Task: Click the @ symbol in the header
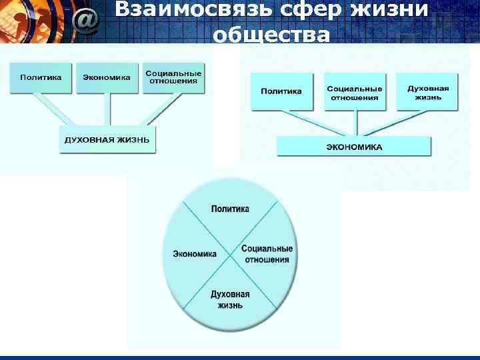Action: coord(87,21)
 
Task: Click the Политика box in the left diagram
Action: coord(41,77)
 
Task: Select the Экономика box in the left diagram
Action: coord(107,77)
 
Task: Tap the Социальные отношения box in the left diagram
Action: coord(173,77)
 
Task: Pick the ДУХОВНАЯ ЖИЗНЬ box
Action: coord(107,140)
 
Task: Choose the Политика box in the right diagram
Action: coord(281,91)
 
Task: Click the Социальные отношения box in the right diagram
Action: coord(354,92)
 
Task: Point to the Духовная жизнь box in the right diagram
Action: coord(427,92)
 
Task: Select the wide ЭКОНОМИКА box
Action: coord(354,147)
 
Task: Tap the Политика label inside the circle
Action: coord(230,209)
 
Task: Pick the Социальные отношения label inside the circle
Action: coord(267,254)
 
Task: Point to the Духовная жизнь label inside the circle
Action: coord(230,299)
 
